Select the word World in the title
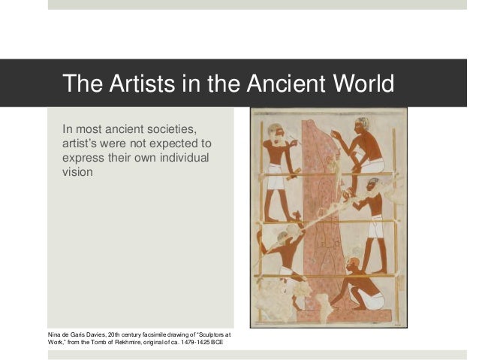click(363, 83)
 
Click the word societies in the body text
click(173, 126)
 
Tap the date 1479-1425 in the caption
click(190, 343)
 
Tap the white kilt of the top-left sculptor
click(276, 180)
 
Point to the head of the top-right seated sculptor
click(363, 125)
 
